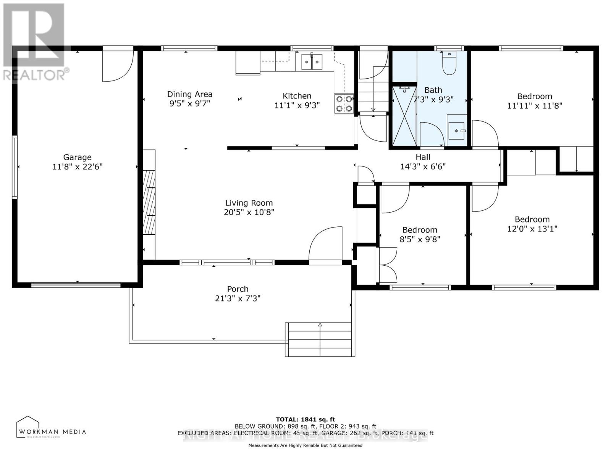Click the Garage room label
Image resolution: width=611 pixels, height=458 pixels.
click(78, 157)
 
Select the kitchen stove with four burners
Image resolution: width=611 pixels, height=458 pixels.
click(343, 104)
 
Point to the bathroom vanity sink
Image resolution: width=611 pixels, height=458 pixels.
click(457, 131)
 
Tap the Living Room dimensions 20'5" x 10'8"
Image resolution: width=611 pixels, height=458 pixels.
click(249, 212)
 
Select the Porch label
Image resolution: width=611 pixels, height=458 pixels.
click(238, 289)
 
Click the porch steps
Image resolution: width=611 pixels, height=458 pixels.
click(320, 340)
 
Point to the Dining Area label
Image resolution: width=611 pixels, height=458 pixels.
click(190, 94)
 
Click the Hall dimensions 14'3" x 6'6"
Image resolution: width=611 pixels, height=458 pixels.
click(423, 166)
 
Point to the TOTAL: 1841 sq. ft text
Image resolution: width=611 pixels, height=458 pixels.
click(305, 419)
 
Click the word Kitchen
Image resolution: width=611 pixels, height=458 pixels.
click(297, 96)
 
